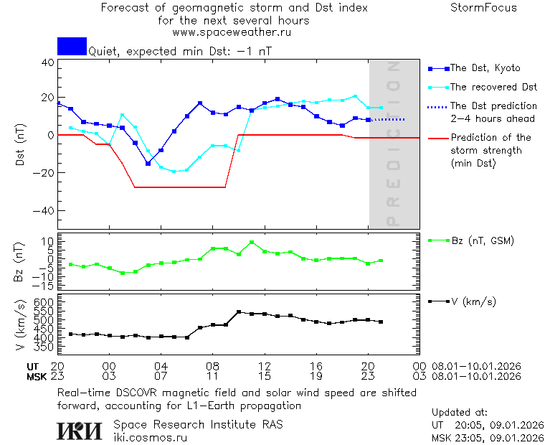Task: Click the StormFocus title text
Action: (483, 8)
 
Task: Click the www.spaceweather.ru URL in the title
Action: (232, 32)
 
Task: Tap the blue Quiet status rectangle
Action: (72, 46)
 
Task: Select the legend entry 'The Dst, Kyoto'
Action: (484, 68)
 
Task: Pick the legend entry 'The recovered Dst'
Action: (493, 87)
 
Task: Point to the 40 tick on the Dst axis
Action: (47, 62)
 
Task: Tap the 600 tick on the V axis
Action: (45, 302)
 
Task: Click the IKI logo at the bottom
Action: (80, 430)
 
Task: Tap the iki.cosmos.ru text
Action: (151, 436)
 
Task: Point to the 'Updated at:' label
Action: (460, 413)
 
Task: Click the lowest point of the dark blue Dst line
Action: (148, 164)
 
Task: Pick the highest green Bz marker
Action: (252, 243)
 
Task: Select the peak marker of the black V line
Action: (239, 312)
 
